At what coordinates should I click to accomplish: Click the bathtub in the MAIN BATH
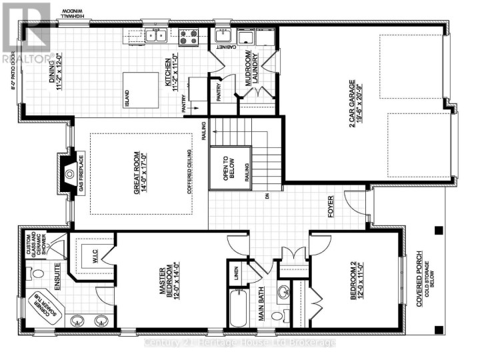[x=239, y=309]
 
